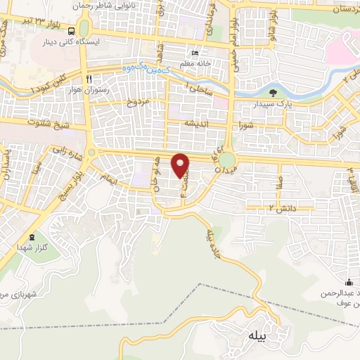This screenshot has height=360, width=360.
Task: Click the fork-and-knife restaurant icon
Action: tap(89, 79)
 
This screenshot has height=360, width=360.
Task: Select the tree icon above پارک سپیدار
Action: tap(274, 92)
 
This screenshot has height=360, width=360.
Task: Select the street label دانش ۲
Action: tap(281, 209)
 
